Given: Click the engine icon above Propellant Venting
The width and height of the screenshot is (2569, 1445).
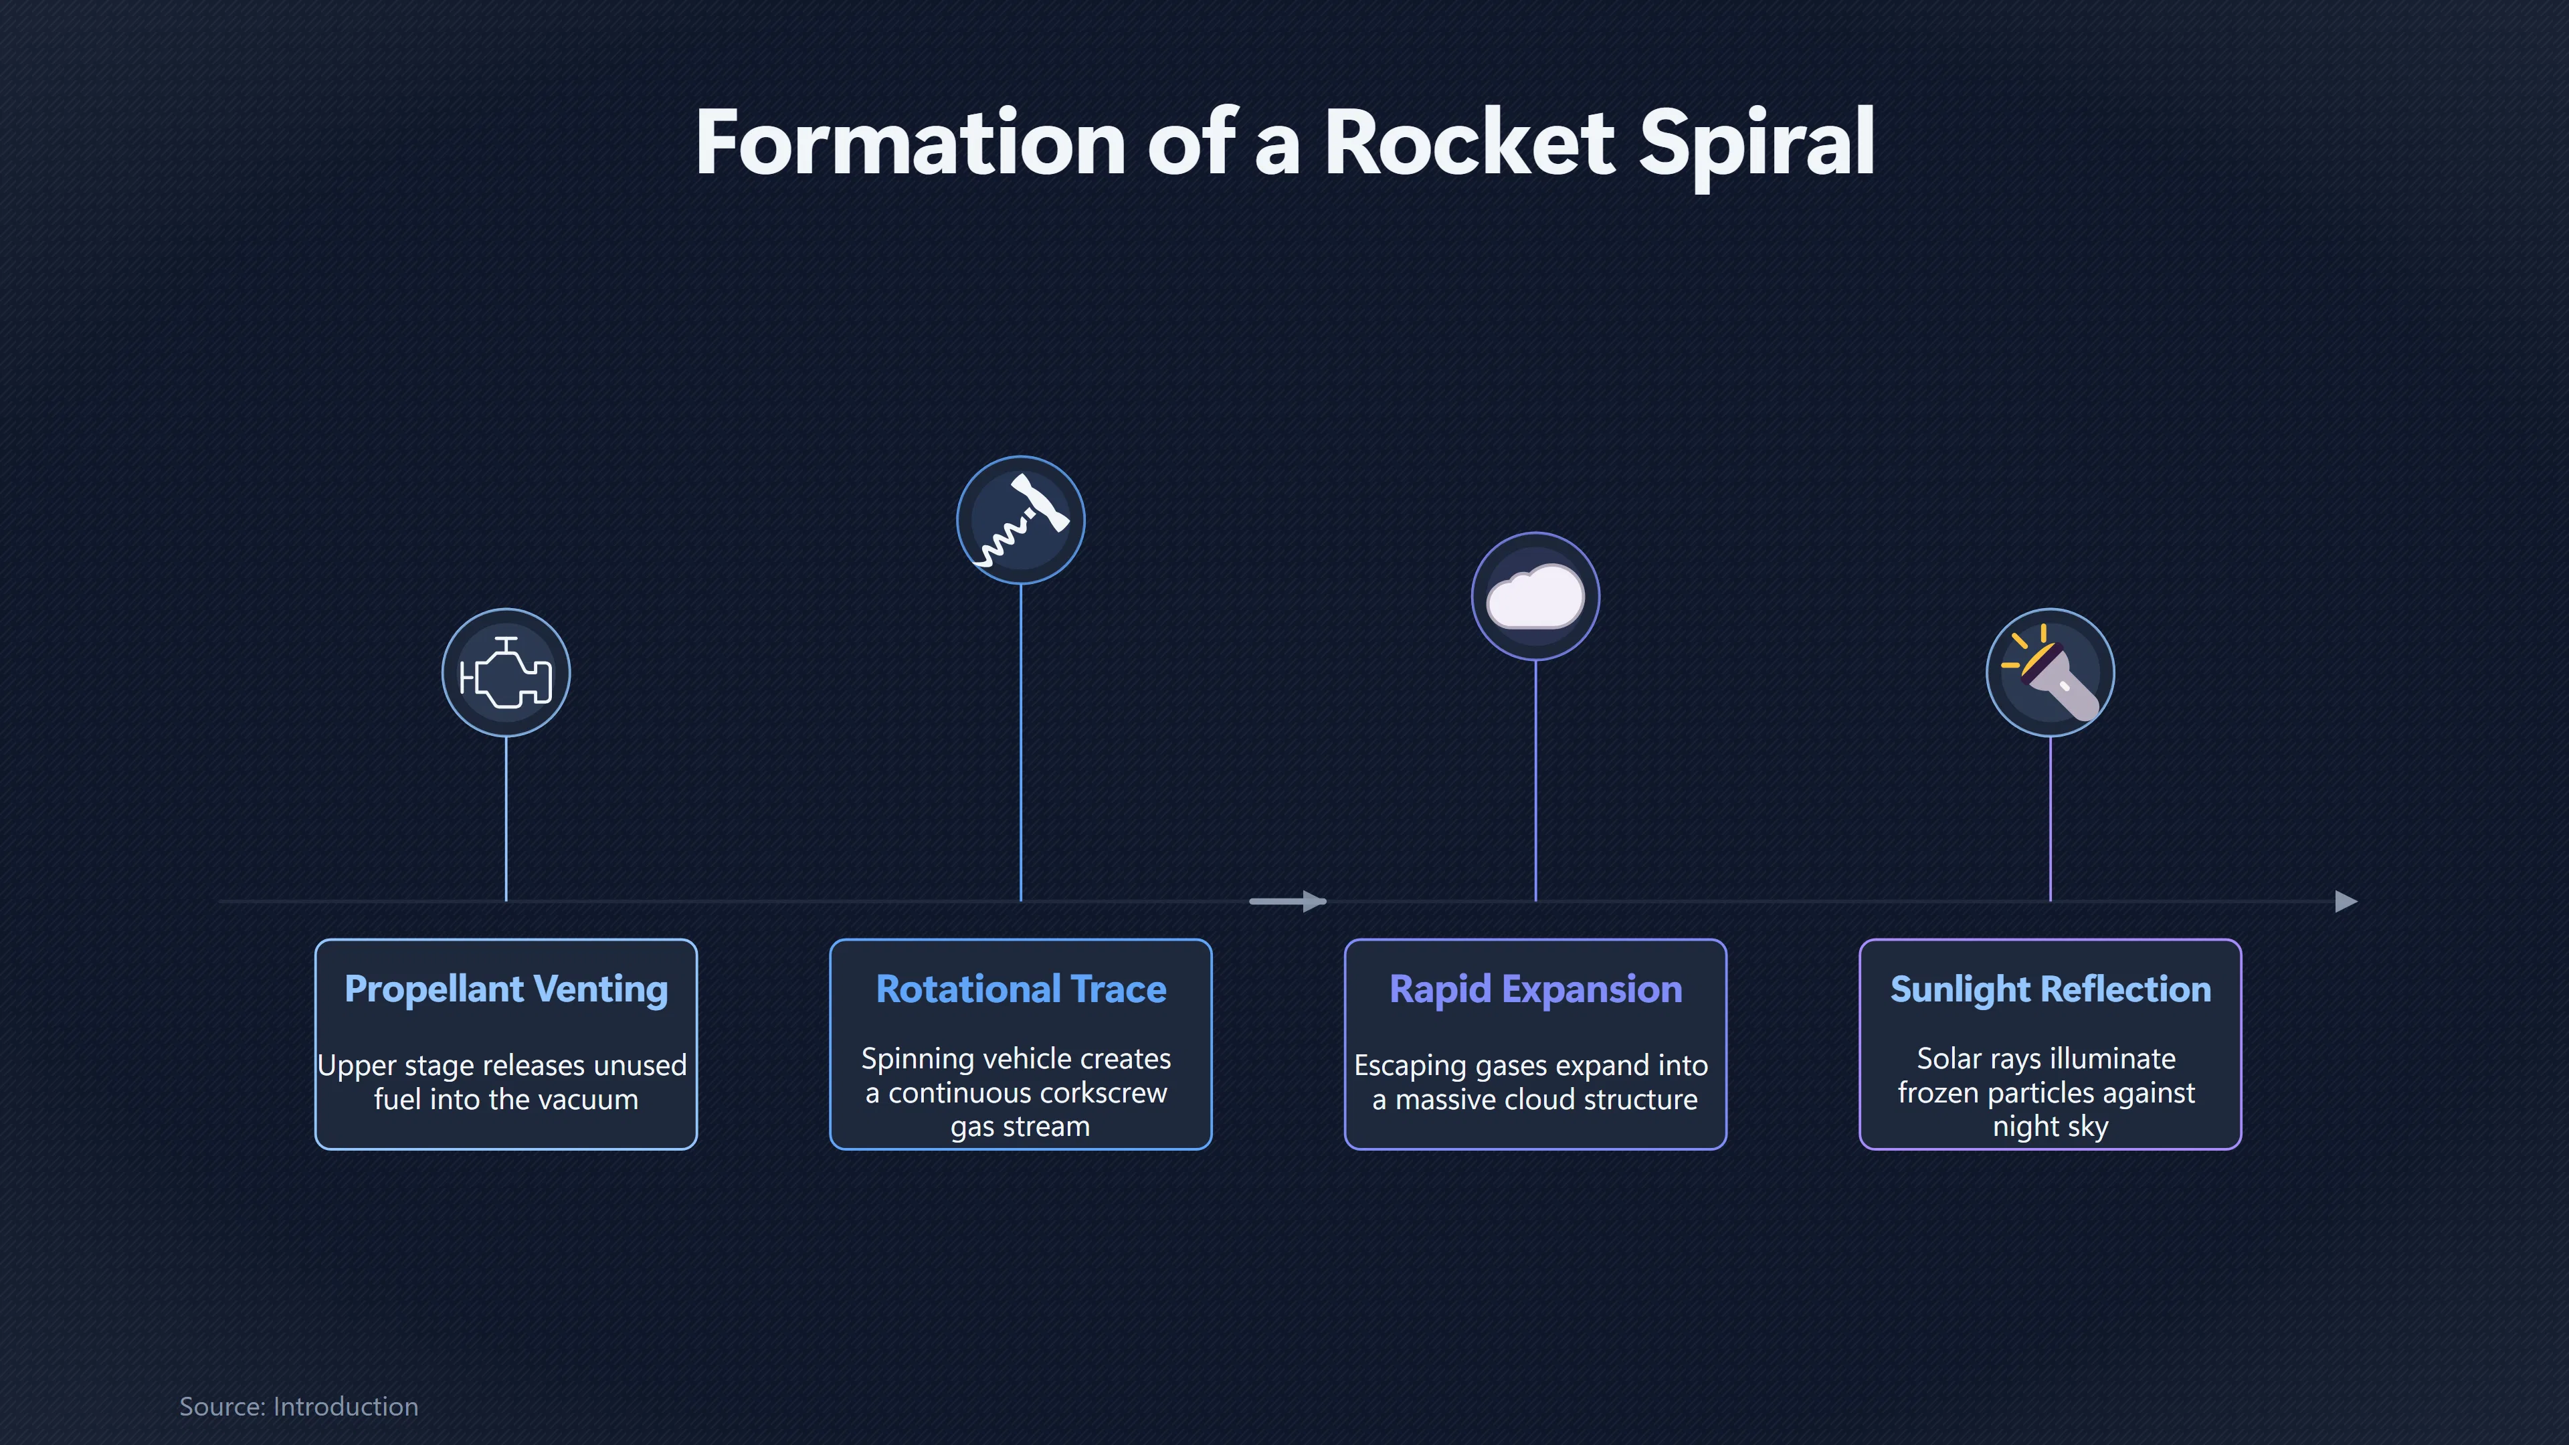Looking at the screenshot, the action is coord(506,673).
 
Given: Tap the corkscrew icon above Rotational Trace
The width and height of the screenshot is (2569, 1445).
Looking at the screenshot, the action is coord(1020,520).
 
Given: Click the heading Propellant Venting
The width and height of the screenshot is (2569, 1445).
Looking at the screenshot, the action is coord(506,989).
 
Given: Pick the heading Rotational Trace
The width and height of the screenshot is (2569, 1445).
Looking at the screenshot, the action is coord(1020,989).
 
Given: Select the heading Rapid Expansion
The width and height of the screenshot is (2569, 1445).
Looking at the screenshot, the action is coord(1536,989).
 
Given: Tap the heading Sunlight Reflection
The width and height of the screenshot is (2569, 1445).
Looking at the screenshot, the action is coord(2051,989).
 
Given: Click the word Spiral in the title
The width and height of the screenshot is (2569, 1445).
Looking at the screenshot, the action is coord(1756,144).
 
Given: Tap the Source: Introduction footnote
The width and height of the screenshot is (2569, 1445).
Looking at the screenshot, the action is coord(298,1406).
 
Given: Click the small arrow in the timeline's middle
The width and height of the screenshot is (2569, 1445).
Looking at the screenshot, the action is coord(1287,902).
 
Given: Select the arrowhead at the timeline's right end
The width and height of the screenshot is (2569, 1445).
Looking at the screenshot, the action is coord(2347,902).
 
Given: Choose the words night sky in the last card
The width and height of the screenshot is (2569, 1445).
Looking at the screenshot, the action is coord(2051,1127).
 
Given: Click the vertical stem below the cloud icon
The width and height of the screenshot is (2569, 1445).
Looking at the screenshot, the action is coord(1536,780).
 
